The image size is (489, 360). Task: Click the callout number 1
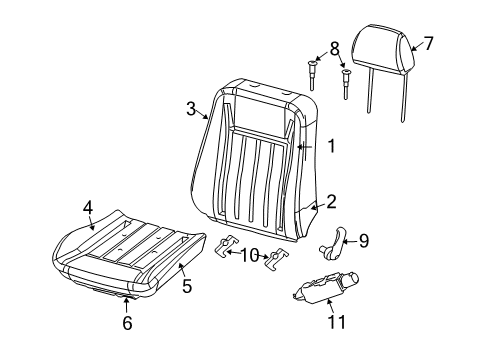331,146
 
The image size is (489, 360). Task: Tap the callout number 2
331,201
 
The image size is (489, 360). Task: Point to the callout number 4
87,207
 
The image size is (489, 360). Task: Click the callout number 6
126,322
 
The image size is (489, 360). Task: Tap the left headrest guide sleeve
313,73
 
